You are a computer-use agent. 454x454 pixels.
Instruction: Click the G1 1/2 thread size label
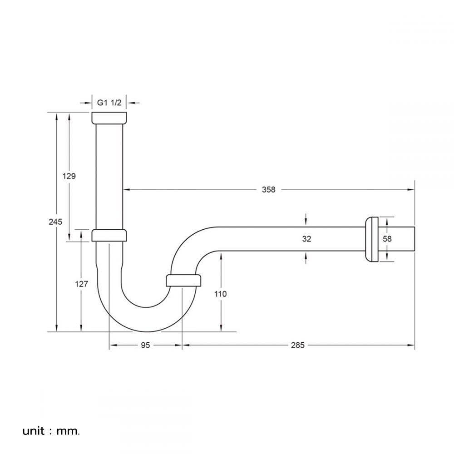109,103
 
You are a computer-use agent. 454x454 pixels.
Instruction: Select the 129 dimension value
69,176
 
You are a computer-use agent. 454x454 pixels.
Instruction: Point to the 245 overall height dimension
56,222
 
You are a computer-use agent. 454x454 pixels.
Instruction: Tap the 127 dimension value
81,284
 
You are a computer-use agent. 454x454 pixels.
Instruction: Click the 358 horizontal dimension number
268,190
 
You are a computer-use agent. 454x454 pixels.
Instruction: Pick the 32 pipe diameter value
306,239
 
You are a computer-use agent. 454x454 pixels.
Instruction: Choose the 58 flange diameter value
387,239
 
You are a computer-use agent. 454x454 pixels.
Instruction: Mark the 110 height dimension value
221,294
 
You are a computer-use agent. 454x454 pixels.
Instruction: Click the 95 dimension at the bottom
145,345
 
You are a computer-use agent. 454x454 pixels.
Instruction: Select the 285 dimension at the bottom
298,345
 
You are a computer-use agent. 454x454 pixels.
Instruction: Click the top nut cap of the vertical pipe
109,118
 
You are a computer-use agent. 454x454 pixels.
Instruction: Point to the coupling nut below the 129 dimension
109,235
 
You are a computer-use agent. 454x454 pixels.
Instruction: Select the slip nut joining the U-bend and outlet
183,280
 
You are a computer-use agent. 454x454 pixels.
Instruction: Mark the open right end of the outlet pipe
413,239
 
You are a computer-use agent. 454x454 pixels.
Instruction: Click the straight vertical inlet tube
109,177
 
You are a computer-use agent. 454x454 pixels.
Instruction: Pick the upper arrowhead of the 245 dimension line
56,115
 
